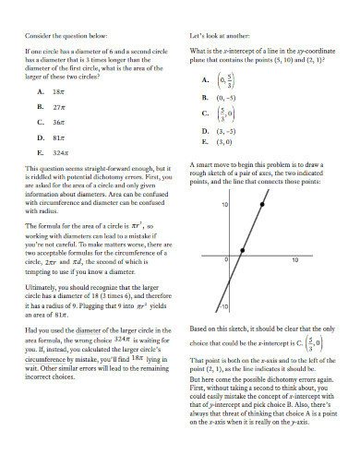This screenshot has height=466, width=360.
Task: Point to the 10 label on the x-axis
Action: click(295, 261)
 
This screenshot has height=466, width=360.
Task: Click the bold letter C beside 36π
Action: click(40, 122)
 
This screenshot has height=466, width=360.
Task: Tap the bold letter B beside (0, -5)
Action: click(204, 97)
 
